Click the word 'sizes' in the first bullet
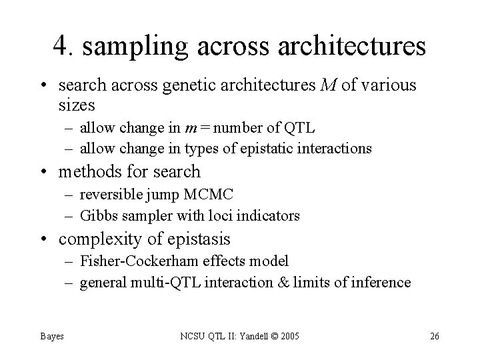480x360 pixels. click(77, 105)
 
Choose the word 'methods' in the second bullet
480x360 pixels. click(91, 172)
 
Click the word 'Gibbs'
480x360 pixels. click(97, 215)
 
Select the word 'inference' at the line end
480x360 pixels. click(383, 283)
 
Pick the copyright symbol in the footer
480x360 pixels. click(266, 336)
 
